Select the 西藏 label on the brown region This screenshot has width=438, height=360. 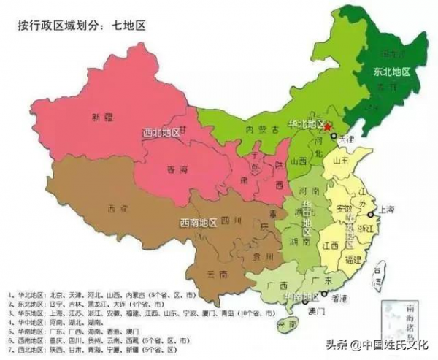point(112,207)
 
